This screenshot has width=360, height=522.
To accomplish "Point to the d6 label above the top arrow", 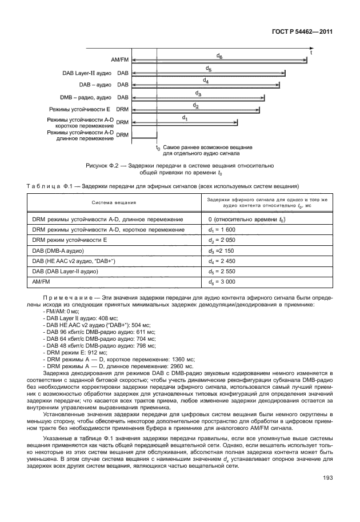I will click(220, 55).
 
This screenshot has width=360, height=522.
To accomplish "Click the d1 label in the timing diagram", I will click(185, 117).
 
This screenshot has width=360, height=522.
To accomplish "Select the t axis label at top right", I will click(311, 51).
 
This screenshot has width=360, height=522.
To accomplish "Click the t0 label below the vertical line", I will click(158, 148).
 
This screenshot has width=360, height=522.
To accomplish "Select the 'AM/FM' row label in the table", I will click(41, 282).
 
